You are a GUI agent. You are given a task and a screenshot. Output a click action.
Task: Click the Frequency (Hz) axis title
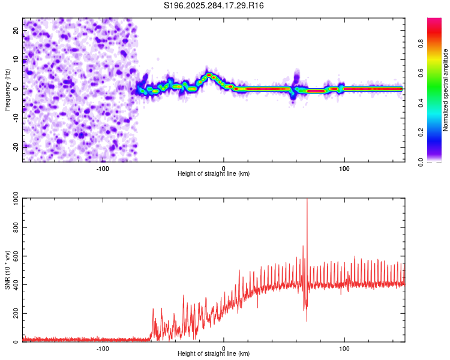pyautogui.click(x=7, y=90)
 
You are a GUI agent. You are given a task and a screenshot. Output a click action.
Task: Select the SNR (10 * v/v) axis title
pyautogui.click(x=7, y=270)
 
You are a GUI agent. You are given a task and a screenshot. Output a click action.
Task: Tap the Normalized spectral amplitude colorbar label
pyautogui.click(x=446, y=90)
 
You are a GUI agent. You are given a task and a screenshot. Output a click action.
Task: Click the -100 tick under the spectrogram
pyautogui.click(x=103, y=168)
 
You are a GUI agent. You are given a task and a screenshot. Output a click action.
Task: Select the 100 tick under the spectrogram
pyautogui.click(x=344, y=168)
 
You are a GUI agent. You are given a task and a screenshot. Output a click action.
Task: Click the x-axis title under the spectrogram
pyautogui.click(x=214, y=174)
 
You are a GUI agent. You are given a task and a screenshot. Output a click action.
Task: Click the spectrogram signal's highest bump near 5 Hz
pyautogui.click(x=209, y=75)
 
